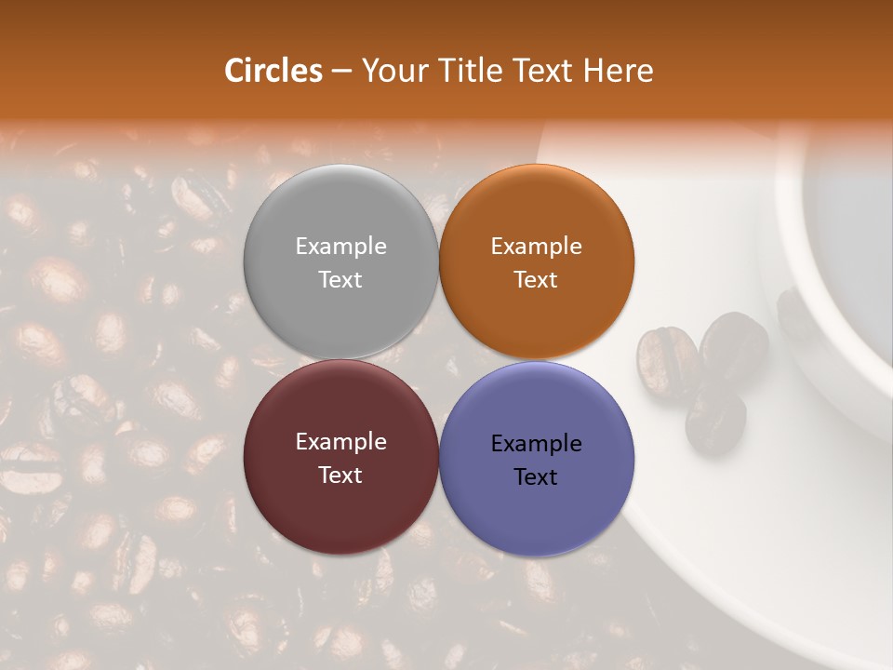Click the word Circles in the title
point(273,71)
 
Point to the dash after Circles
point(341,72)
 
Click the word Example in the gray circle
point(340,247)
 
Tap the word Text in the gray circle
point(340,280)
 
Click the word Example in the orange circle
point(536,247)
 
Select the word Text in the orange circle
point(536,280)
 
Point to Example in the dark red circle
point(340,442)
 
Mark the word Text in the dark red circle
point(340,476)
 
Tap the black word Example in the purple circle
point(536,444)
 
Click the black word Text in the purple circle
point(536,477)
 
